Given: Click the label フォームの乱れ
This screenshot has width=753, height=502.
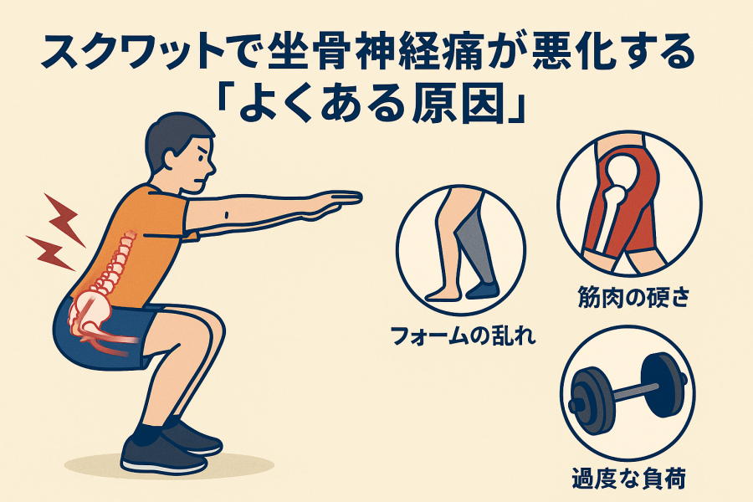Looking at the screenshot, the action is (464, 336).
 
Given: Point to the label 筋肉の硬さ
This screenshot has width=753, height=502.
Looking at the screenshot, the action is (633, 297).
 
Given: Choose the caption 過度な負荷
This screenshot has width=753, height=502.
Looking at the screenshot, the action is (628, 478).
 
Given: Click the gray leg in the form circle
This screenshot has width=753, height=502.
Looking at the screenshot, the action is (474, 246).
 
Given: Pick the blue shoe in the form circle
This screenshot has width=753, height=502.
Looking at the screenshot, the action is (483, 290).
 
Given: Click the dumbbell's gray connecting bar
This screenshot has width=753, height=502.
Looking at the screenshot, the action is (630, 392).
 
